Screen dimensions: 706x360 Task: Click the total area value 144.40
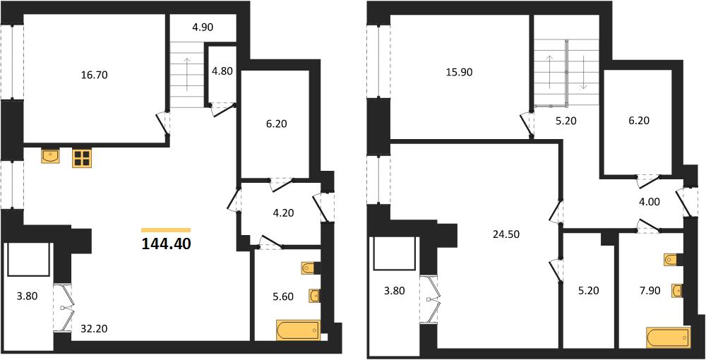coord(166,244)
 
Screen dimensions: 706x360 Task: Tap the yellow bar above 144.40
coord(166,230)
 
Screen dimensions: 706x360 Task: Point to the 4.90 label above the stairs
coord(203,27)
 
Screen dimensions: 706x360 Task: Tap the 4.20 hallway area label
coord(283,213)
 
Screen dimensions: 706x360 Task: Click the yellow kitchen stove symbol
coord(82,158)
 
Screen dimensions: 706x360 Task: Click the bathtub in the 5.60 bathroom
coord(299,330)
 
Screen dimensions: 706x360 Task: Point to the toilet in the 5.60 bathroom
coord(309,268)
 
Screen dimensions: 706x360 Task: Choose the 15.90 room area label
coord(460,72)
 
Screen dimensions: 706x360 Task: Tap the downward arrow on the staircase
coord(584,72)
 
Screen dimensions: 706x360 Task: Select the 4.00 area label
coord(649,203)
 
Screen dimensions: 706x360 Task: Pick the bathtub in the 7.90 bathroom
coord(668,338)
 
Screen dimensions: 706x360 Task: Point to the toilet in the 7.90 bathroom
coord(672,260)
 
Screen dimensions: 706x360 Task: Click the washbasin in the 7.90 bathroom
coord(676,291)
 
